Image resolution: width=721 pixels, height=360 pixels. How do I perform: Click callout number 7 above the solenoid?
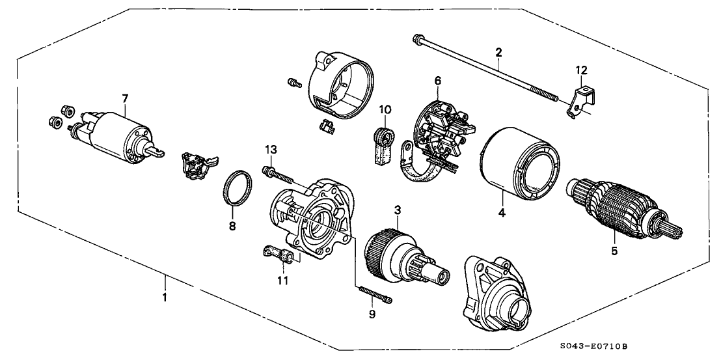coord(125,98)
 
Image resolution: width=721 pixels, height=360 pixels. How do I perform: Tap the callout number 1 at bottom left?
coord(165,298)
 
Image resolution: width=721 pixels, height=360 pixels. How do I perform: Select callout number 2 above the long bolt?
coord(498,51)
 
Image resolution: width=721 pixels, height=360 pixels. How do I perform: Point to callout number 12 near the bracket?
coord(580,70)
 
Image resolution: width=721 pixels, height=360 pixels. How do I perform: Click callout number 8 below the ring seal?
coord(232,226)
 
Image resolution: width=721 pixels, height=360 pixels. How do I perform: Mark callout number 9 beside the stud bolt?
coord(372,314)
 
